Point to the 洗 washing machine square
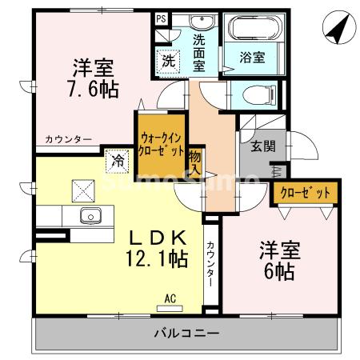coord(169,59)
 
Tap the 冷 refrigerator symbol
coord(118,160)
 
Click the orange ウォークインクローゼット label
coord(161,144)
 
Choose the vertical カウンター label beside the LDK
coord(210,263)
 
